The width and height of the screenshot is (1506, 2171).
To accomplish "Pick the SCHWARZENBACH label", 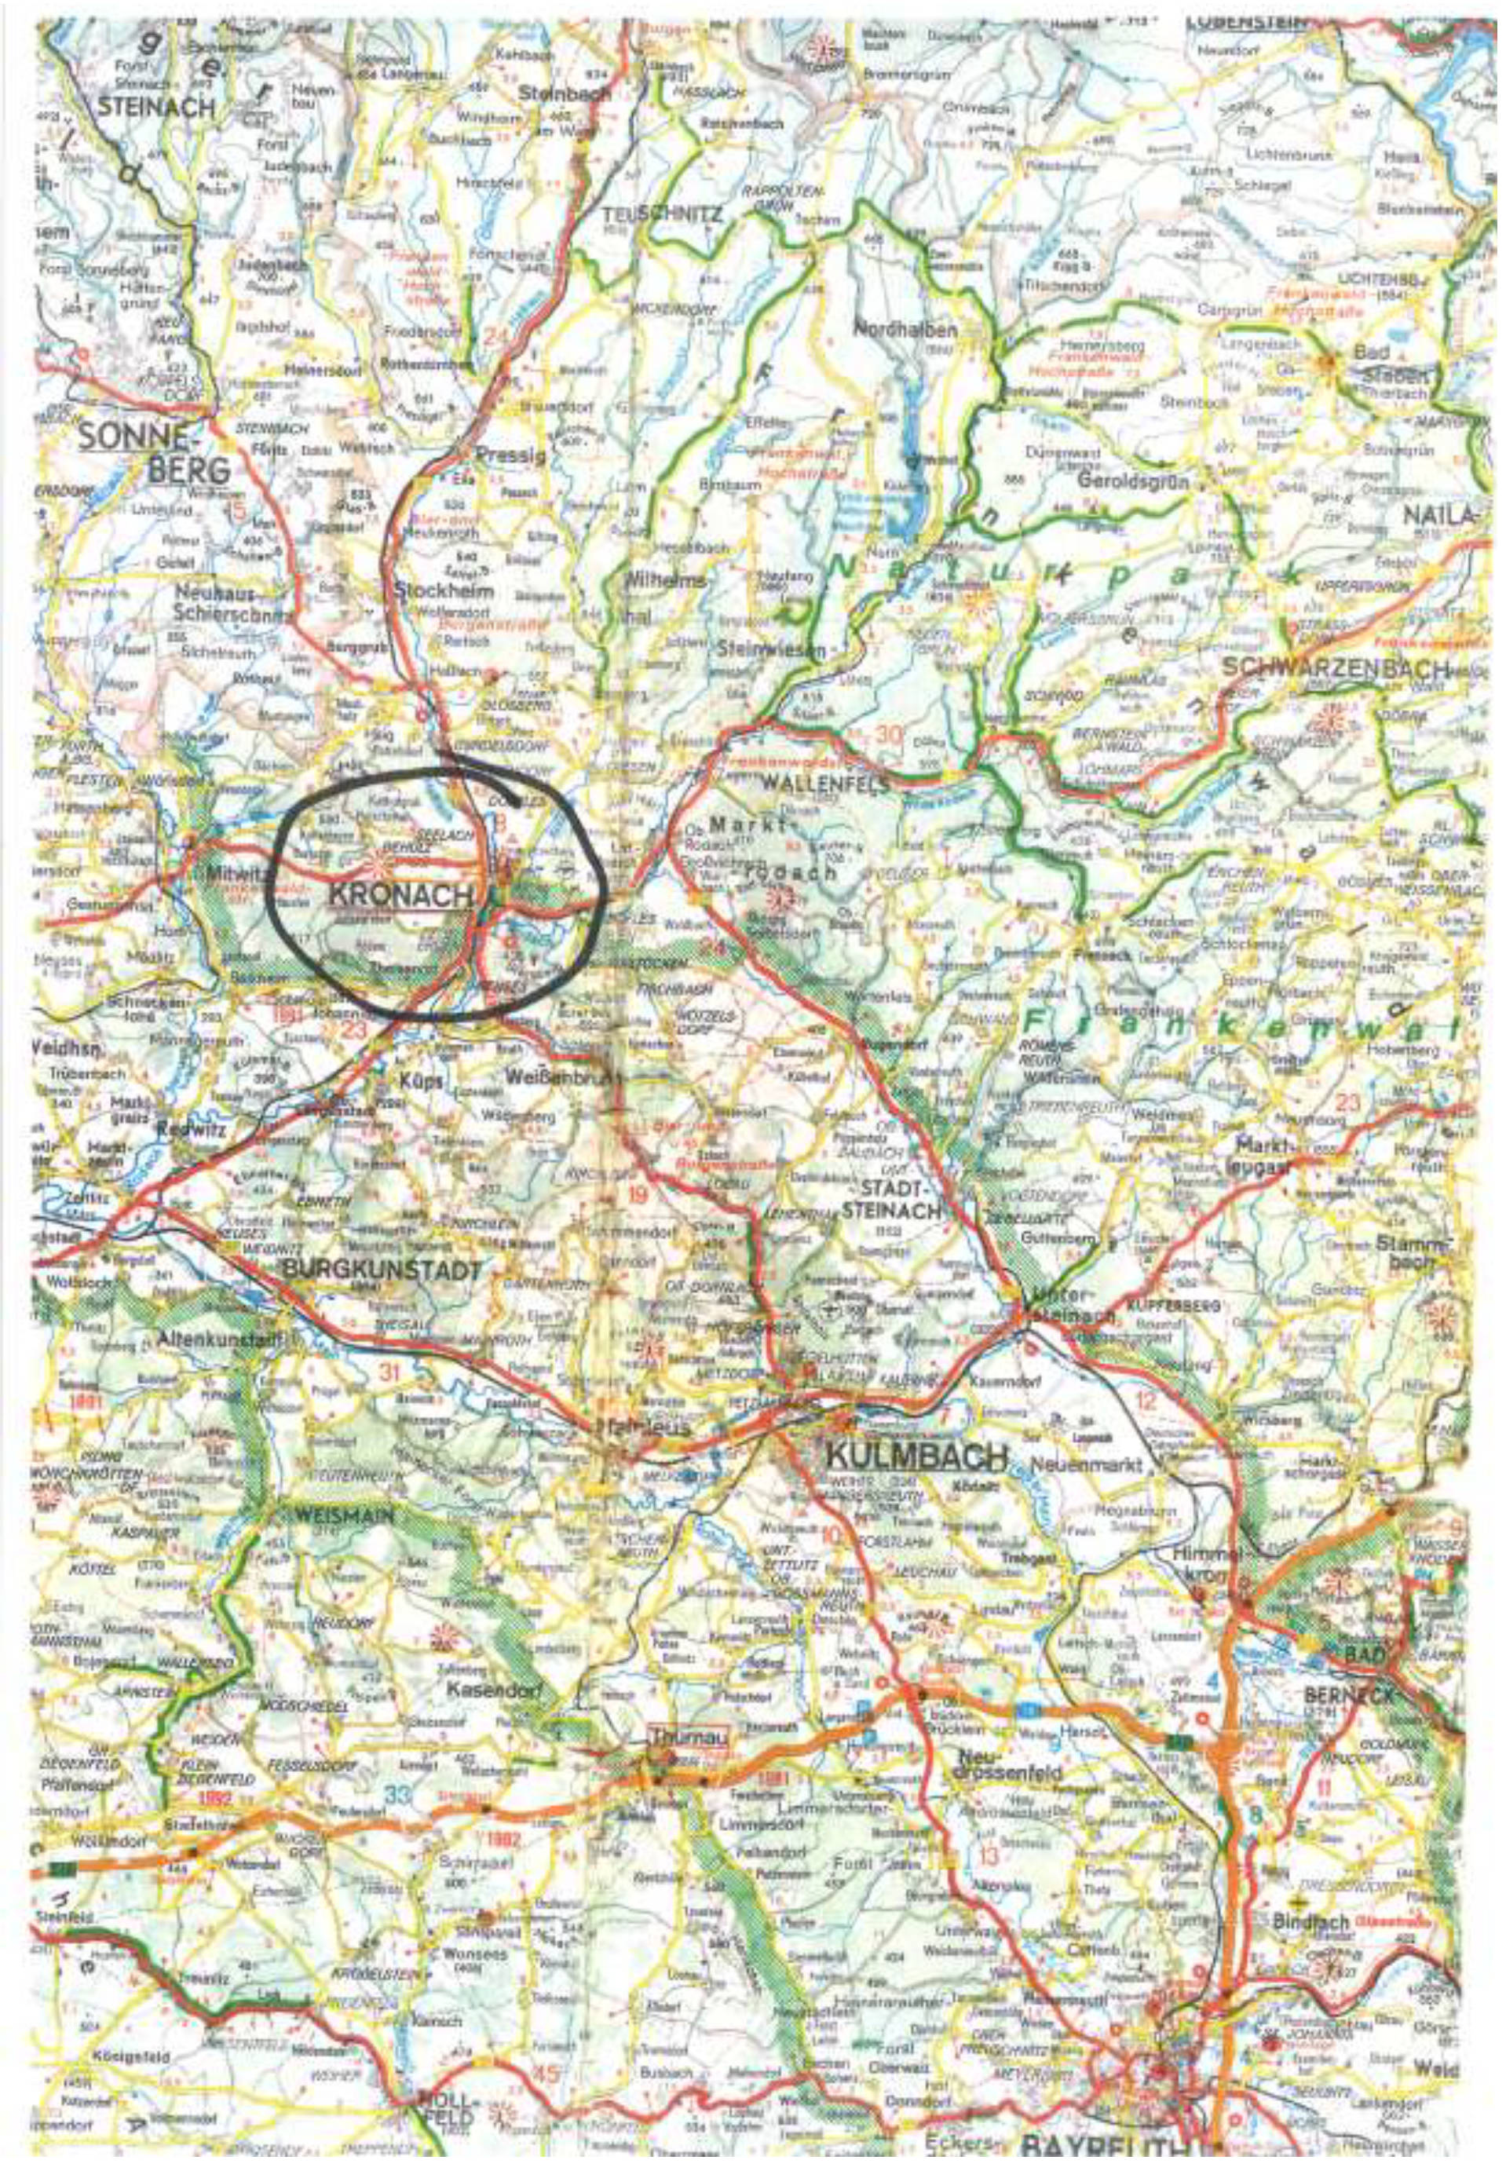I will pyautogui.click(x=1334, y=668).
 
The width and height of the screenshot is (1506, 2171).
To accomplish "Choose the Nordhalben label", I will pyautogui.click(x=905, y=331).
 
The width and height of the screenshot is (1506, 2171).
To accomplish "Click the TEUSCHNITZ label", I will pyautogui.click(x=663, y=216).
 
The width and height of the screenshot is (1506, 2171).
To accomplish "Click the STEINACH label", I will pyautogui.click(x=156, y=108).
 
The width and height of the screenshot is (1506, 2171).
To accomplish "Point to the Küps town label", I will pyautogui.click(x=421, y=1082).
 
